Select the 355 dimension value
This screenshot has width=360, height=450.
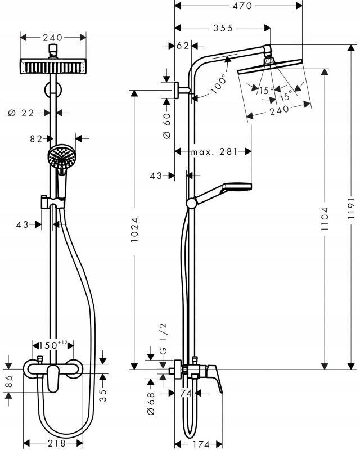[223, 28]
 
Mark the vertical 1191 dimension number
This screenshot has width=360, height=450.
[350, 211]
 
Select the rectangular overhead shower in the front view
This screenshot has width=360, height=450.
[53, 66]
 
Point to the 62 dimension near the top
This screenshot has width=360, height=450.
[183, 46]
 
